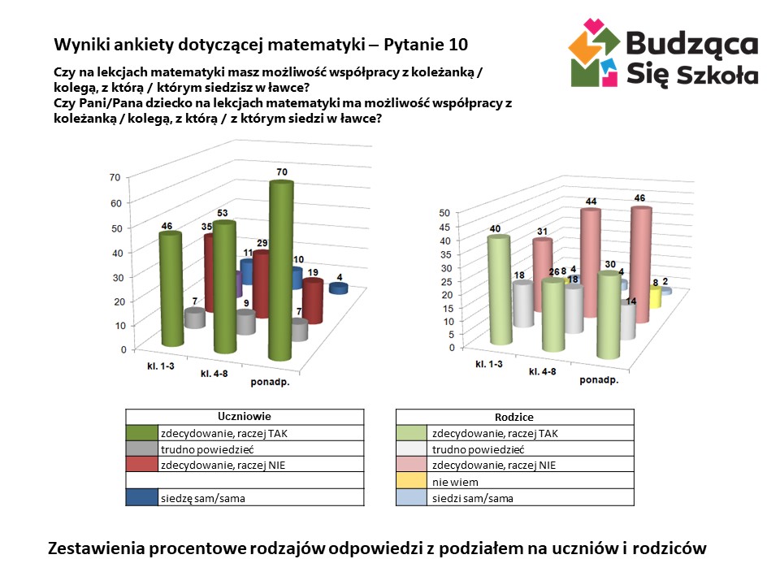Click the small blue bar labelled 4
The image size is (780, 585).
tap(338, 288)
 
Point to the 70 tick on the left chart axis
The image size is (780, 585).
tap(115, 177)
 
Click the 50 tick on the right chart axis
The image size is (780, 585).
tap(444, 213)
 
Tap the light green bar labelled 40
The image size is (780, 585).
tap(498, 288)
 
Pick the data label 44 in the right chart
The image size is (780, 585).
tap(591, 201)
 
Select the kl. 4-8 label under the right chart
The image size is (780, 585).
tap(542, 371)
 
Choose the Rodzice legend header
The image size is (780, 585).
tap(513, 416)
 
